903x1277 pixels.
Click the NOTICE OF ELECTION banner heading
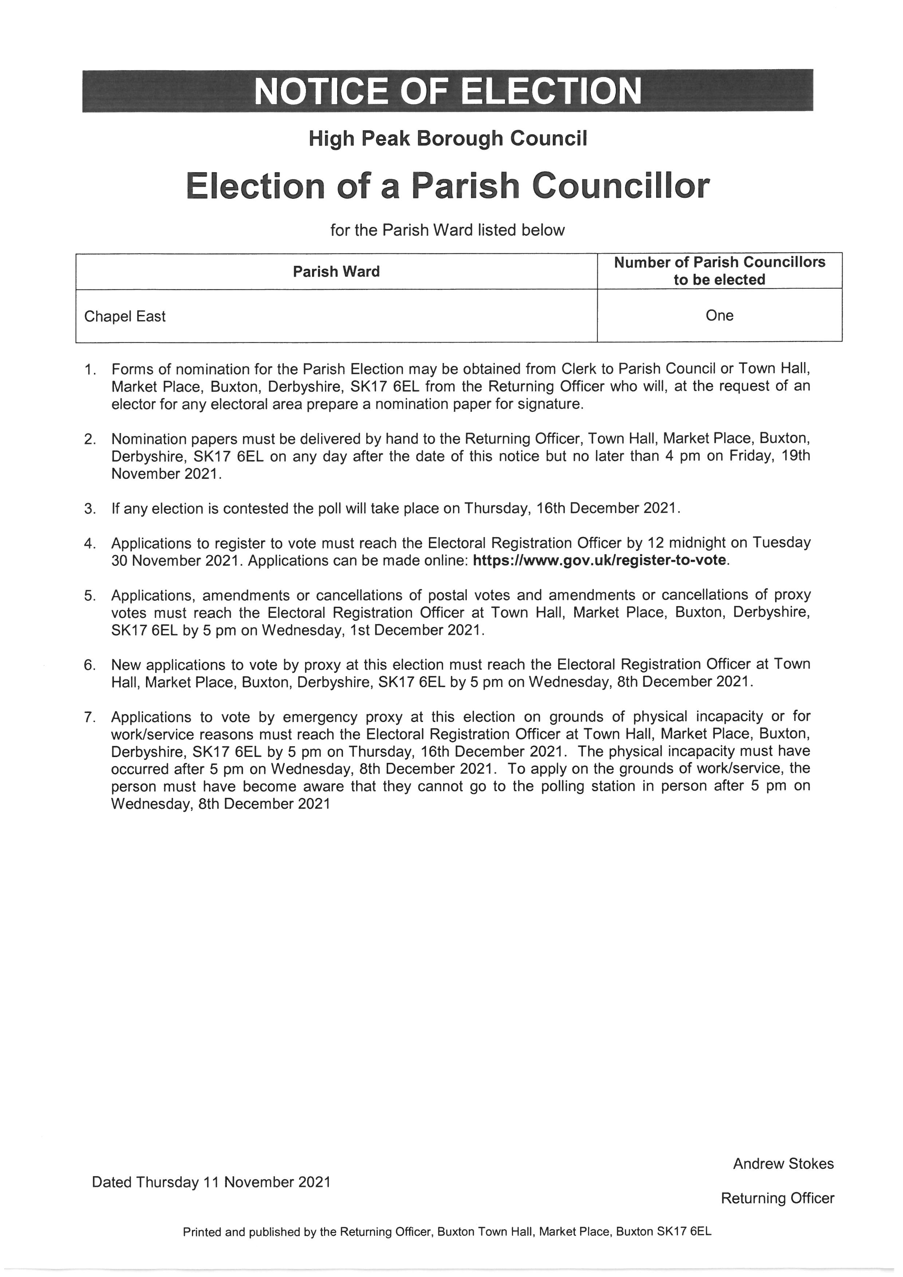[x=447, y=91]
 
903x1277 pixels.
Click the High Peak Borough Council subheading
[x=447, y=138]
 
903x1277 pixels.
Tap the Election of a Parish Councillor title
[x=447, y=186]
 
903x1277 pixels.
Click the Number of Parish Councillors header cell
[x=719, y=271]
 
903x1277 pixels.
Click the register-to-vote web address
[x=599, y=560]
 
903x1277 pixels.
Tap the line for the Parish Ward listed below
[x=447, y=230]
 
